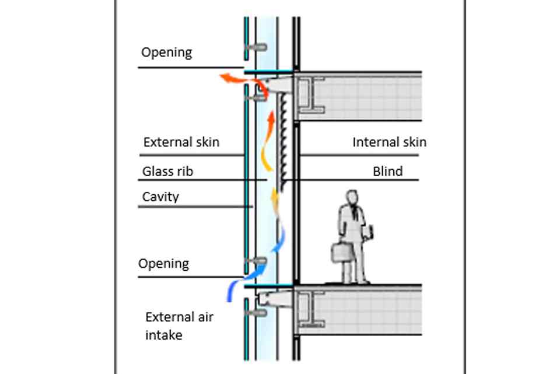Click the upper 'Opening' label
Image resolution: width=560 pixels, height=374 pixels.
(166, 53)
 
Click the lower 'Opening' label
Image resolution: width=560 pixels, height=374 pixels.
(163, 264)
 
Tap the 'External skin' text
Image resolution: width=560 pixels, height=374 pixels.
(181, 142)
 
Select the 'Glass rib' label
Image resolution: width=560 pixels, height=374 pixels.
(167, 172)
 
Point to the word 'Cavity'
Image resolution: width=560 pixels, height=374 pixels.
(160, 197)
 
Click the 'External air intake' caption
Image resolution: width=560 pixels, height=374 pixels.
(178, 326)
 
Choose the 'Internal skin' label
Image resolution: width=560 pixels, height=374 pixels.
(389, 142)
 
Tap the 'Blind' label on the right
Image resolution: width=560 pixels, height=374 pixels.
(387, 172)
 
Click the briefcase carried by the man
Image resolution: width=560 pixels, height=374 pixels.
(341, 252)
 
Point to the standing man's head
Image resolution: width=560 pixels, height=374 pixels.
(351, 198)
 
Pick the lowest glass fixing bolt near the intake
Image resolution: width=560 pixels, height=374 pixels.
(256, 313)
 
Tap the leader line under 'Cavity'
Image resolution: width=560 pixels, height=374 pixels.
(195, 207)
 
